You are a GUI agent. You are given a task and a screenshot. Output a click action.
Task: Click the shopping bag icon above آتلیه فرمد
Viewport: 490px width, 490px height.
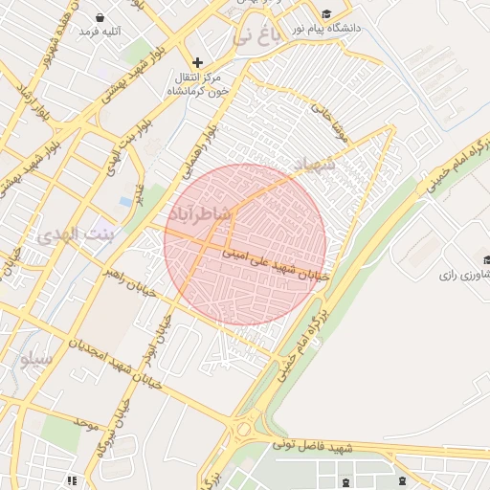[x=100, y=17]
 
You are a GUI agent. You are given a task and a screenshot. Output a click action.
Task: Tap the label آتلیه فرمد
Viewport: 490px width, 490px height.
[x=100, y=33]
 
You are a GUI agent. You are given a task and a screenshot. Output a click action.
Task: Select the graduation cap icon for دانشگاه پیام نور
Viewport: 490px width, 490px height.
[x=328, y=14]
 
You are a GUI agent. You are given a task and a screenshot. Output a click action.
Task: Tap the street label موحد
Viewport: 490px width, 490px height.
[x=85, y=422]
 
